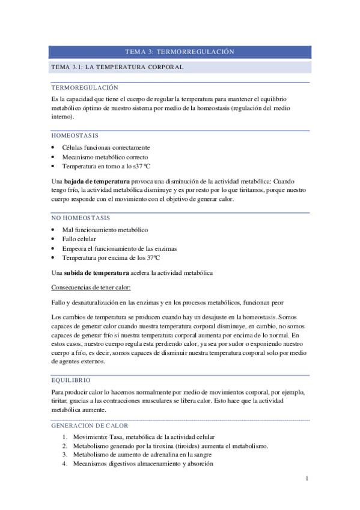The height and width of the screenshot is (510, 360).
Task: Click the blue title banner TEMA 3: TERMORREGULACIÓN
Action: click(x=179, y=52)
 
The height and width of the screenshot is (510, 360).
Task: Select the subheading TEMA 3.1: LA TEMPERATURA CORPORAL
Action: click(x=117, y=67)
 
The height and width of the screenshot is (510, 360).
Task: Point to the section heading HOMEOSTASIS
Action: click(x=75, y=136)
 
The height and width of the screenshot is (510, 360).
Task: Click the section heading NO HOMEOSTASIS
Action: click(x=81, y=218)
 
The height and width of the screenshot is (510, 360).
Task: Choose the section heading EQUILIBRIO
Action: click(x=72, y=380)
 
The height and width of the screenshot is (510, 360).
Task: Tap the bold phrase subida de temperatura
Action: click(x=99, y=273)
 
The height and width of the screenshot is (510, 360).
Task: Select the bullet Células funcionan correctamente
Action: click(x=106, y=147)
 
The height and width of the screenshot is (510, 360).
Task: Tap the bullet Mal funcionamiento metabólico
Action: click(x=105, y=230)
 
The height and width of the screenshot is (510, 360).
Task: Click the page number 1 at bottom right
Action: click(x=307, y=479)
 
